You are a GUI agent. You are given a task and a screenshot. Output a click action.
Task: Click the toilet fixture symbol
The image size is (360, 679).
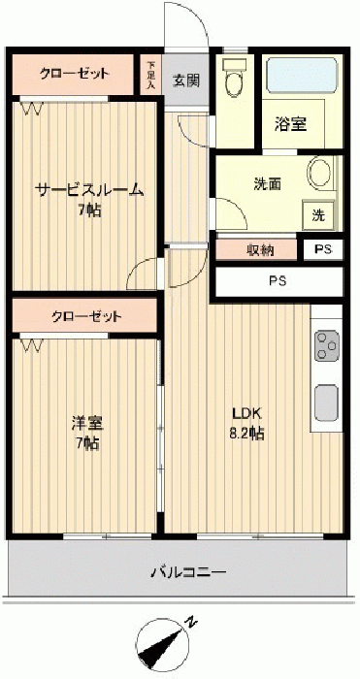[x=235, y=77]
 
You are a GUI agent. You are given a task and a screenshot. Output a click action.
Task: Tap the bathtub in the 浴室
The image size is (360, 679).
[x=302, y=75]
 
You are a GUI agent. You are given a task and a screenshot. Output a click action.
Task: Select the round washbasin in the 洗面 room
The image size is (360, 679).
[x=321, y=174]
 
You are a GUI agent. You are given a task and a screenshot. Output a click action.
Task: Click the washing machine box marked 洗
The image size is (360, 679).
[x=318, y=214]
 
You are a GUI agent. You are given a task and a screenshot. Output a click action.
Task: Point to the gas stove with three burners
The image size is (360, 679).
[x=327, y=345]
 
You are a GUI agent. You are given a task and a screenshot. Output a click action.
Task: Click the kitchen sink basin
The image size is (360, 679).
[x=327, y=403]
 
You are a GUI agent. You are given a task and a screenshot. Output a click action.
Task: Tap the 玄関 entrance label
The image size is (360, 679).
[x=186, y=81]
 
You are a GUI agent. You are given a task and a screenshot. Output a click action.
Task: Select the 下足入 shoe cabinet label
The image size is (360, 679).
[x=150, y=75]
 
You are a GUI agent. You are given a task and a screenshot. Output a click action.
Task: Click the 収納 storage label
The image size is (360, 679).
[x=260, y=250]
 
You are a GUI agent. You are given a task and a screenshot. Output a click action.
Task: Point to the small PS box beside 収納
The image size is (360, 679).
[x=323, y=250]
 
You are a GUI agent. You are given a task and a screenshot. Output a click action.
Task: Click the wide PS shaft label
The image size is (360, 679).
[x=278, y=281]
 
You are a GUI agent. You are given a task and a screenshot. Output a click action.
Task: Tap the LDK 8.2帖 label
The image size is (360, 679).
[x=246, y=424]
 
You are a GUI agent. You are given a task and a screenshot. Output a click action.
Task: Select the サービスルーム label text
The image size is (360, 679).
[x=89, y=190]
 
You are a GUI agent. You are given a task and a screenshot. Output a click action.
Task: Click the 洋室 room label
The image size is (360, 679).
[x=87, y=423]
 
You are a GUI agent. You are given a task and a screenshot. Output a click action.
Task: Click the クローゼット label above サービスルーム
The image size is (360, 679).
[x=74, y=74]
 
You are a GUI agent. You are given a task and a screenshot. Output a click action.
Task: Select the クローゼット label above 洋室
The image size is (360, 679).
[x=86, y=317]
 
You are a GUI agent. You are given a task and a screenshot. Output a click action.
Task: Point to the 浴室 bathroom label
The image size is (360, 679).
[x=291, y=125]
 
